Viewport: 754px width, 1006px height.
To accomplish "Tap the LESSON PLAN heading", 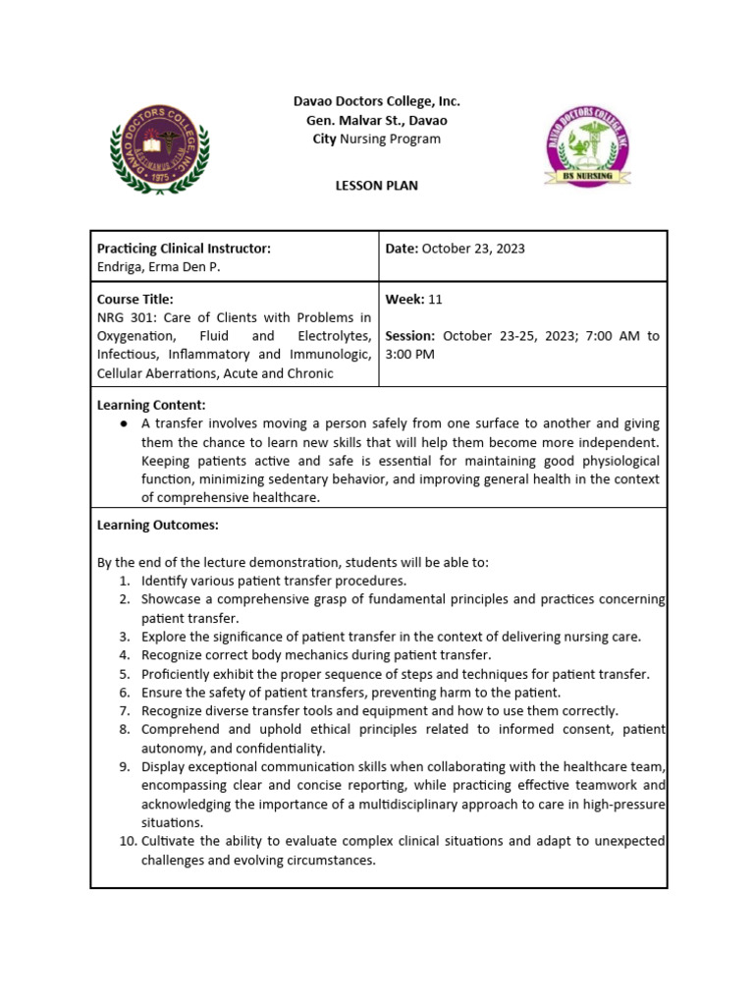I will click(377, 186).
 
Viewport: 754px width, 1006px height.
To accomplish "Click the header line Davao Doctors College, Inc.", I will click(377, 101).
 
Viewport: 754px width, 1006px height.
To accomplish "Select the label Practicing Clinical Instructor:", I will click(184, 249).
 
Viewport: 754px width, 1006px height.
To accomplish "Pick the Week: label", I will click(404, 299).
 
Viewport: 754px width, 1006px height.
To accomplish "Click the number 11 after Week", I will click(436, 299).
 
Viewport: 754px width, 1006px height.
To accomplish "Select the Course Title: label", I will click(135, 299).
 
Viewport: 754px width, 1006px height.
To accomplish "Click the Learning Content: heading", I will click(151, 405).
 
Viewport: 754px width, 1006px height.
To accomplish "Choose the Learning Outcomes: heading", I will click(157, 525).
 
